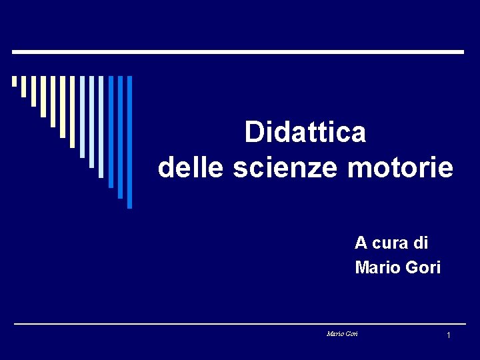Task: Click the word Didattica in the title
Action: [305, 132]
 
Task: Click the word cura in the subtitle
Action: [391, 242]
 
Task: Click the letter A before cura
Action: [361, 242]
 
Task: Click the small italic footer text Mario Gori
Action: [342, 333]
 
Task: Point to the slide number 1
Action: [449, 335]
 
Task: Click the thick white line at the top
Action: [238, 51]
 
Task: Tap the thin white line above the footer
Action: [238, 324]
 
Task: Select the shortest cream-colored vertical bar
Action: [14, 81]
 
